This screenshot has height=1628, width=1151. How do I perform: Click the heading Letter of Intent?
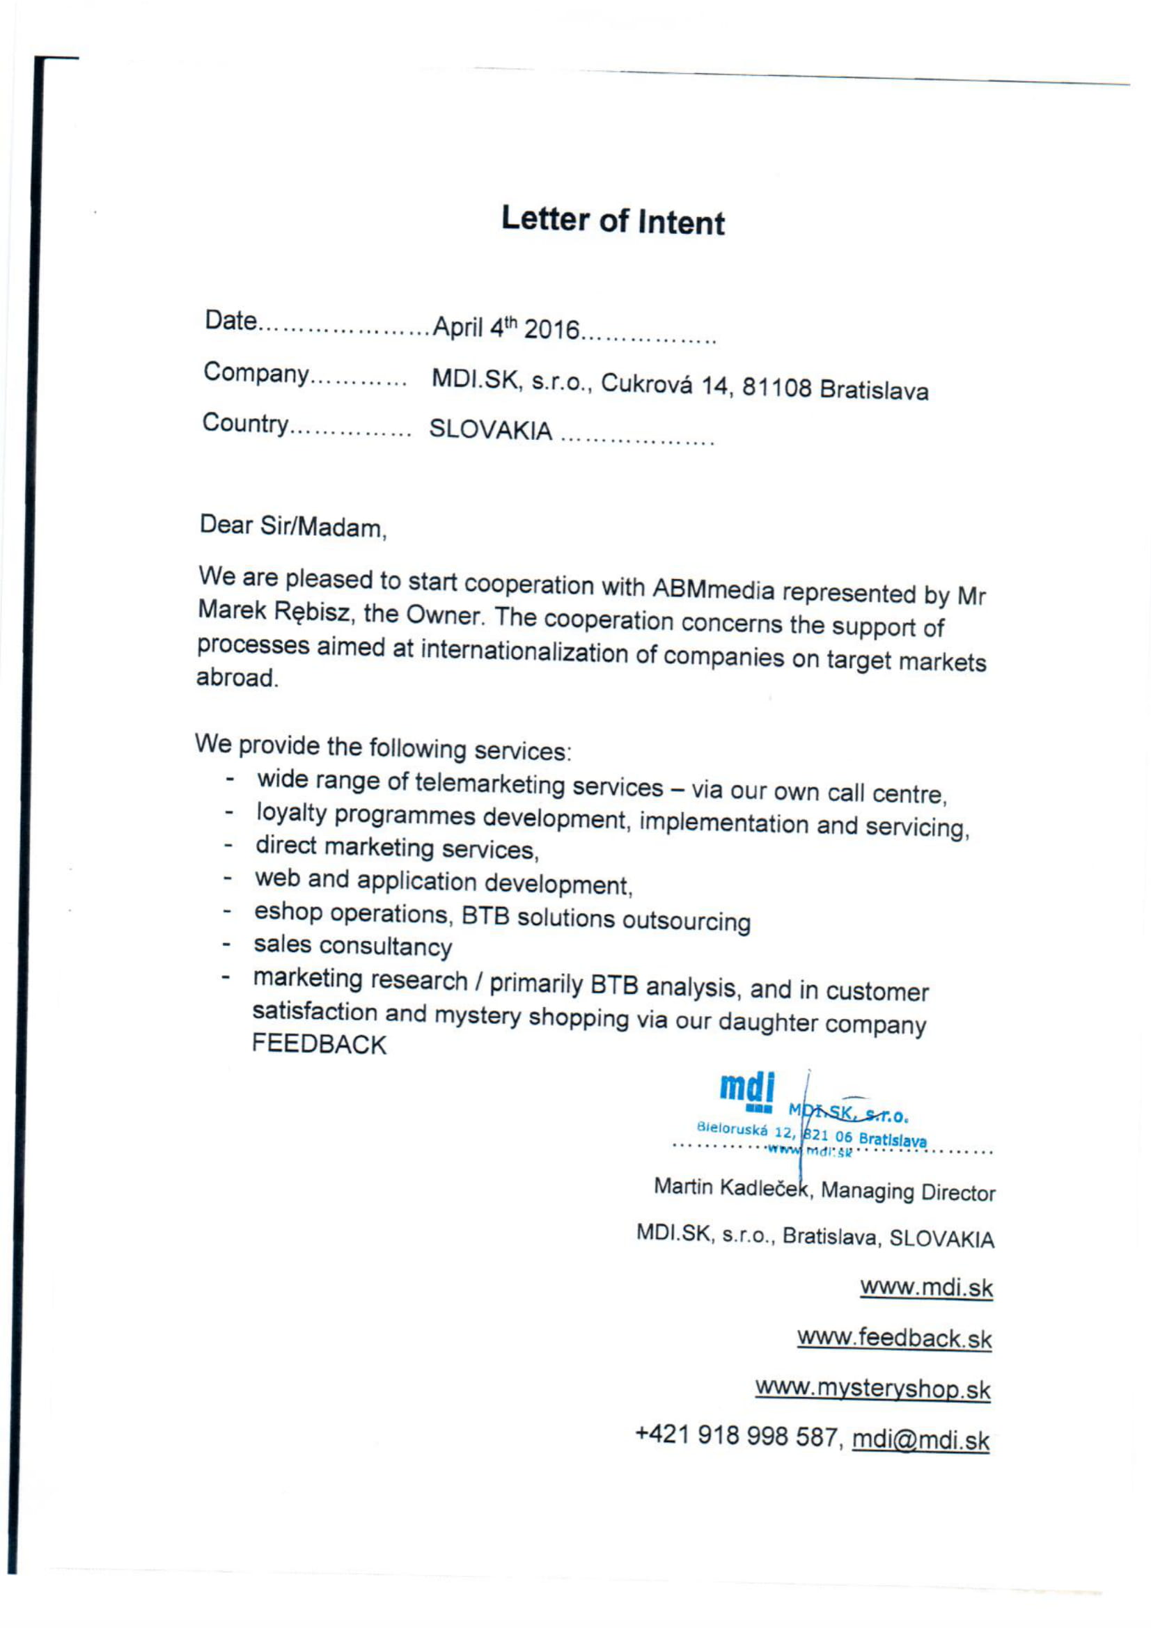[612, 221]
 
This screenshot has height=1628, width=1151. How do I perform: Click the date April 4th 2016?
[506, 329]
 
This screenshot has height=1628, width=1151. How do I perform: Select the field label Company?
[256, 374]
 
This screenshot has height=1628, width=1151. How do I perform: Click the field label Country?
[245, 424]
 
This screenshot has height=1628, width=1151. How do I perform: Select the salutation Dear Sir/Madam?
[293, 526]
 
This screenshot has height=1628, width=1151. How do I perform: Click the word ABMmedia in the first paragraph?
[713, 590]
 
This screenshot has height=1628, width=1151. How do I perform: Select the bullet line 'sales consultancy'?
[352, 946]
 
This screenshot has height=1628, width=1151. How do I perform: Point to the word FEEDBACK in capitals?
[319, 1045]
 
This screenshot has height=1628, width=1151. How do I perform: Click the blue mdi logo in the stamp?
[746, 1090]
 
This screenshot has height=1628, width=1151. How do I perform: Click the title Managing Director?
[908, 1192]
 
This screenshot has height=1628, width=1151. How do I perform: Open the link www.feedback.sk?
[893, 1338]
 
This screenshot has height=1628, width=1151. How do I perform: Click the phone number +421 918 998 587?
[737, 1436]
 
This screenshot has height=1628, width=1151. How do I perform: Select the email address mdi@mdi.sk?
[920, 1439]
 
